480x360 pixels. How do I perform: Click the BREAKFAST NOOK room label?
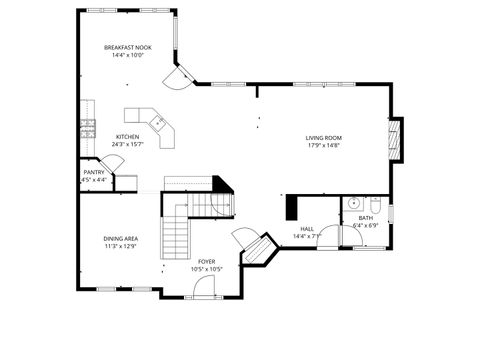[x=127, y=47]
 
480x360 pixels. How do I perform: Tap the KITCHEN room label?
[x=127, y=136]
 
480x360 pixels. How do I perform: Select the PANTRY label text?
[x=94, y=172]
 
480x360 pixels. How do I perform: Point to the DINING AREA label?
[x=120, y=238]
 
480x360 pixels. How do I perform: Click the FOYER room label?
[x=206, y=261]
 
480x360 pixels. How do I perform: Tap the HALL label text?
[x=306, y=229]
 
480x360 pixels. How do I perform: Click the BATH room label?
[x=366, y=218]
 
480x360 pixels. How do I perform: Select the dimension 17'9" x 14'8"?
[x=323, y=146]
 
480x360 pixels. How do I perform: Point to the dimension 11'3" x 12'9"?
[x=120, y=246]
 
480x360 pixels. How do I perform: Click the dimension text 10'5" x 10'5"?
[x=206, y=269]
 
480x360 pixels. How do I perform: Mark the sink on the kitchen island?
[x=157, y=121]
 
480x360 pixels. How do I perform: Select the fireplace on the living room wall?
[x=395, y=139]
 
